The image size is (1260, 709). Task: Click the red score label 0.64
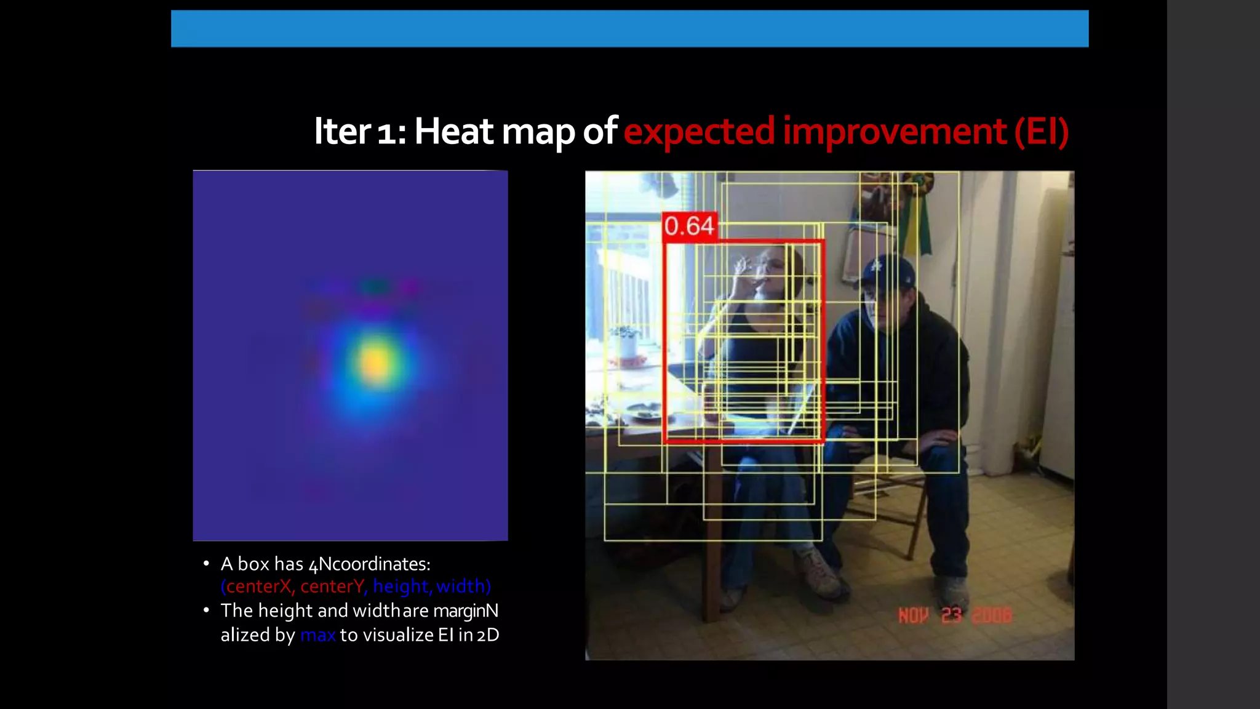pos(690,226)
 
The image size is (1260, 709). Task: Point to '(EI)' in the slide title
pos(1041,131)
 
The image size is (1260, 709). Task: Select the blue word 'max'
pos(317,635)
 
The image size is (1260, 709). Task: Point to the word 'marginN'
pos(466,611)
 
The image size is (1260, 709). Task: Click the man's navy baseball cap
pos(887,270)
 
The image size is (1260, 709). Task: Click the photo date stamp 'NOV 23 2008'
pos(954,615)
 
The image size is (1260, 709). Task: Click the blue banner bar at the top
pos(629,28)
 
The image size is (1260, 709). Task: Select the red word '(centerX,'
pos(258,587)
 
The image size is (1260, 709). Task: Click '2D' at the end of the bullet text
pos(488,635)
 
